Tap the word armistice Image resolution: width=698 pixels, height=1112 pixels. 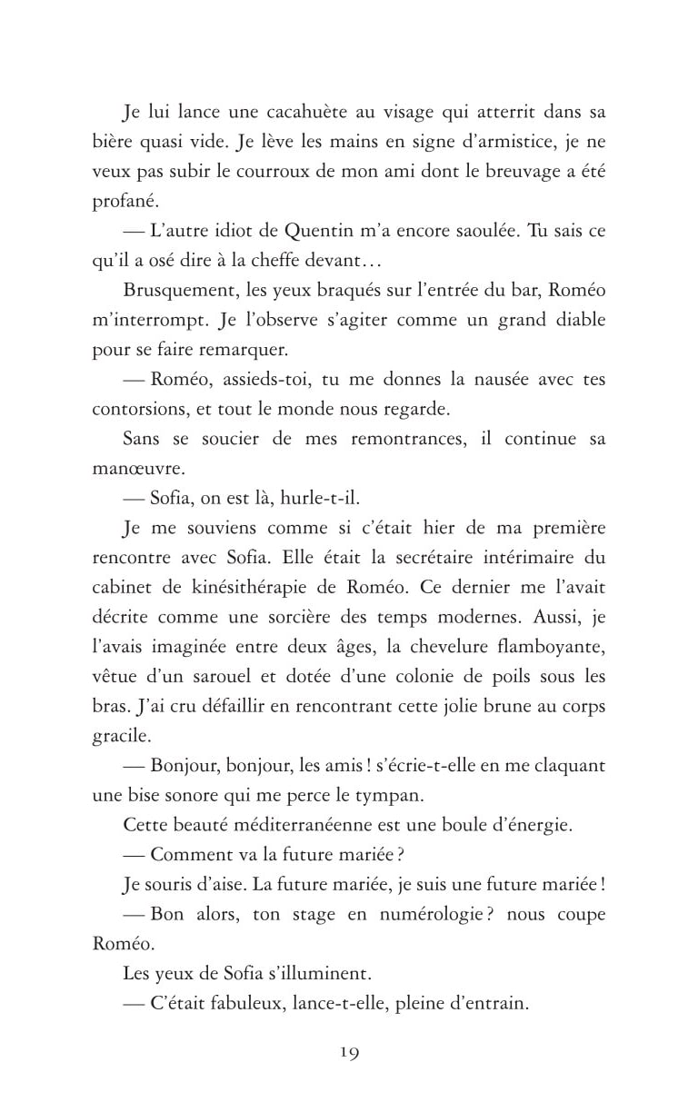pos(494,142)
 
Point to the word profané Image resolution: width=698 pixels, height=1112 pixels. pos(120,201)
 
